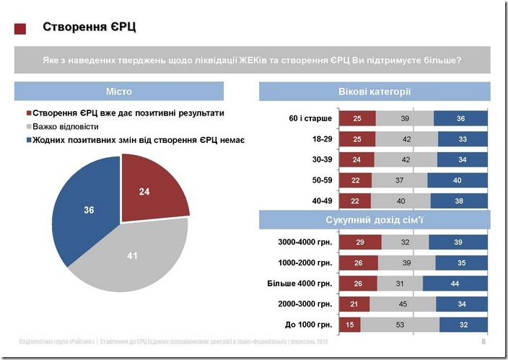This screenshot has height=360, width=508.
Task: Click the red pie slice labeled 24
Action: [149, 189]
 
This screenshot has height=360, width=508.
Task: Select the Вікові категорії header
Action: [374, 92]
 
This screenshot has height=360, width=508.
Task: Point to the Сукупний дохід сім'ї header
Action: [374, 219]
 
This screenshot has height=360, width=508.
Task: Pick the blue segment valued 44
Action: [455, 284]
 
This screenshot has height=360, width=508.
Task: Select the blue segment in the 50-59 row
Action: [458, 180]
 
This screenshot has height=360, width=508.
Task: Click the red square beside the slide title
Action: [20, 29]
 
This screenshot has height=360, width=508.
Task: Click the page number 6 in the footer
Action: [482, 341]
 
